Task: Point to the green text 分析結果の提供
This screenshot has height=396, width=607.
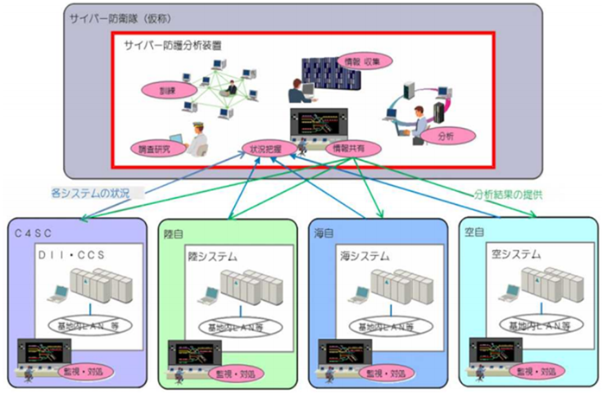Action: point(512,195)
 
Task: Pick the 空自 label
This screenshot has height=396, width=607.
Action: point(472,233)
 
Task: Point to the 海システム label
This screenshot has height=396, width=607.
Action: point(364,257)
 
